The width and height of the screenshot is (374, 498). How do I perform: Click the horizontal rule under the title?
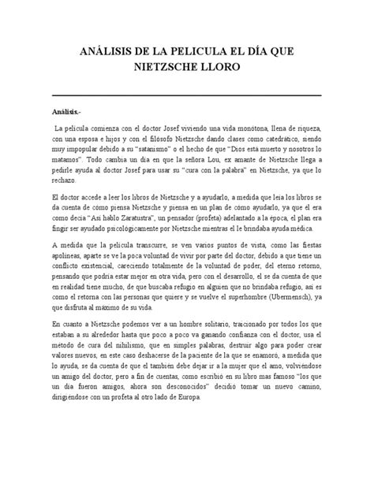[186, 95]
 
